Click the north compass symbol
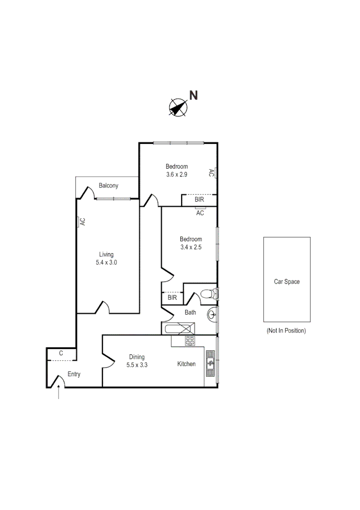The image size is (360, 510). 177,107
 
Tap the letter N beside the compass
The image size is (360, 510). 193,95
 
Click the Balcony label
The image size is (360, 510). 108,186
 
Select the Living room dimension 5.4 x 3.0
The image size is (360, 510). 106,263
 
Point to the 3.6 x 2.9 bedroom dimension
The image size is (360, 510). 176,174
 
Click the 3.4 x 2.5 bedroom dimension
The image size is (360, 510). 191,247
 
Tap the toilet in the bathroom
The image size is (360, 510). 208,295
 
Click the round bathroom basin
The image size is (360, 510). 212,313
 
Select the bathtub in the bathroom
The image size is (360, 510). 178,329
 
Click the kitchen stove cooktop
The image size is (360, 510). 190,340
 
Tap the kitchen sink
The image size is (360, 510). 210,364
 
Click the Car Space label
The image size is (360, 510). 286,281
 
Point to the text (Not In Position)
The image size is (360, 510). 286,331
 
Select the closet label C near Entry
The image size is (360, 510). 61,353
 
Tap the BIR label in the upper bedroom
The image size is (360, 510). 200,200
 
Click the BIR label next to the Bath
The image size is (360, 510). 172,298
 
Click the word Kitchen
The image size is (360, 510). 186,364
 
